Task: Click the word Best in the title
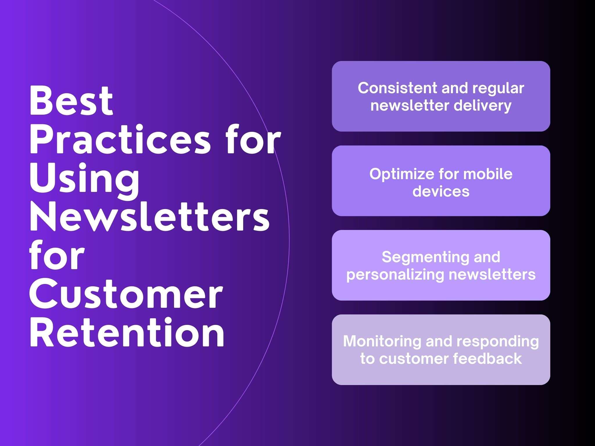(71, 100)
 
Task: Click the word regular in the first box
(498, 89)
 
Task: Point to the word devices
(441, 191)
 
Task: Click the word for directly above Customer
(57, 256)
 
